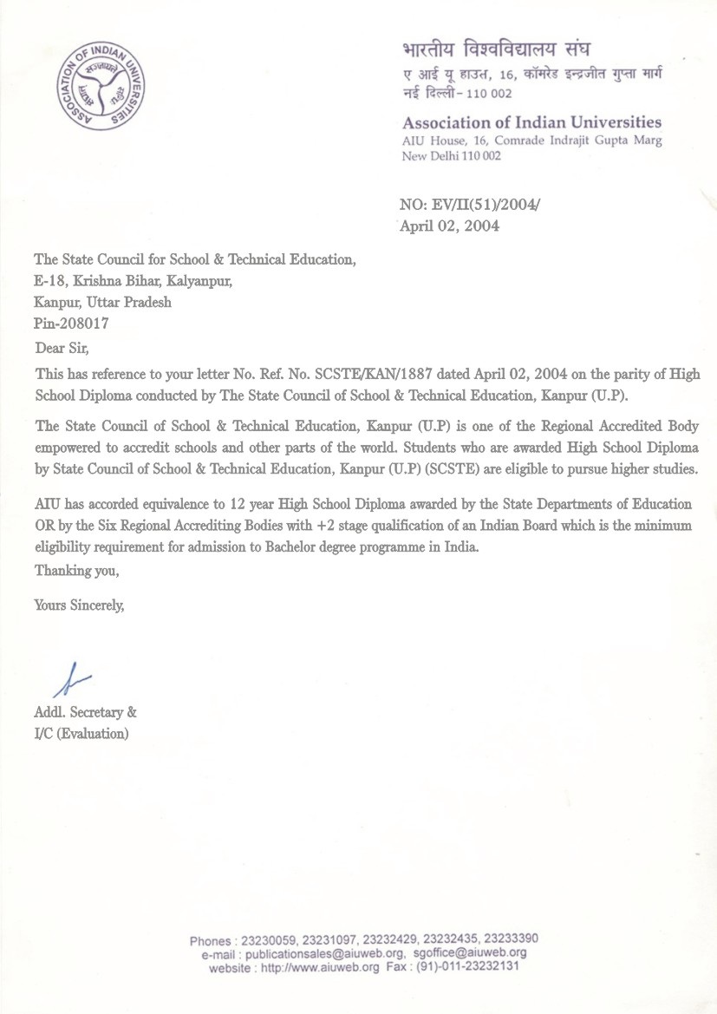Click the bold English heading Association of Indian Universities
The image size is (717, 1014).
tap(531, 122)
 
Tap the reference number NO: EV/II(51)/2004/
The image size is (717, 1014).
tap(468, 205)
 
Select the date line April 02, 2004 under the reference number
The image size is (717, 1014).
tap(449, 226)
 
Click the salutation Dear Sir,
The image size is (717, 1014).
tap(61, 349)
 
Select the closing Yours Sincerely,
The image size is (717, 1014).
tap(79, 605)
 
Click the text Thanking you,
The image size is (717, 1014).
tap(76, 572)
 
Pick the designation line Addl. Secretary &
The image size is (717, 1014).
tap(85, 713)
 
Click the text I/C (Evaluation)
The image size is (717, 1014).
tap(81, 734)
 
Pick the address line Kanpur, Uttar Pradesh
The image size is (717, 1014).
tap(102, 302)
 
